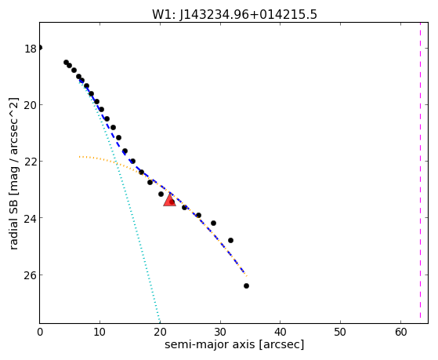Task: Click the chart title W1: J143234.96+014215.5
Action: (x=234, y=14)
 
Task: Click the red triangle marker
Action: (x=169, y=200)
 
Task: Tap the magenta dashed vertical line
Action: (x=420, y=170)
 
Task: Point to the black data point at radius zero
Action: (x=40, y=48)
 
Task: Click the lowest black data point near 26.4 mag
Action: (x=246, y=285)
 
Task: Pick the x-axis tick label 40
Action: (x=281, y=332)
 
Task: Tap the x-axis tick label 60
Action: (x=400, y=332)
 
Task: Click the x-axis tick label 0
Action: (x=40, y=332)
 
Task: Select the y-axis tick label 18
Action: (x=31, y=49)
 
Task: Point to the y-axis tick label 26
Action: (x=31, y=275)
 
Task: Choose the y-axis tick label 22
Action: (x=31, y=162)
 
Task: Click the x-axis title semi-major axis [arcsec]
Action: (x=234, y=344)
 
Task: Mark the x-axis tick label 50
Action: (x=340, y=332)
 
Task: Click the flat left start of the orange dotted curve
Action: (x=80, y=157)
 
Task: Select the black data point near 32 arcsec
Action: (x=230, y=240)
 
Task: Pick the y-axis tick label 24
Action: (x=31, y=219)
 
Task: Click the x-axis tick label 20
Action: (x=160, y=332)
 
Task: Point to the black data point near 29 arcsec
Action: (x=213, y=224)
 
